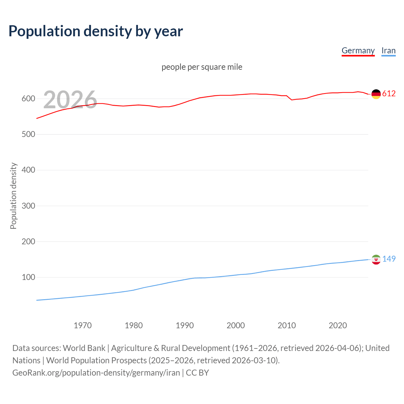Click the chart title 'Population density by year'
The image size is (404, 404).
[96, 31]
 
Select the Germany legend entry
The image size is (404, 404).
[358, 50]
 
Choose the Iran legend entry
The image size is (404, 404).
[388, 50]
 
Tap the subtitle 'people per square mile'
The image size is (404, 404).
[202, 67]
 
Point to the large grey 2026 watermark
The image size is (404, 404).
[70, 100]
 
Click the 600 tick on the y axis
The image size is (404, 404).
[28, 99]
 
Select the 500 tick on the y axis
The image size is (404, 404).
[28, 134]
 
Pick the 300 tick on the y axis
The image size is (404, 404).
[28, 206]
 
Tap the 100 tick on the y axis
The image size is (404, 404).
[28, 277]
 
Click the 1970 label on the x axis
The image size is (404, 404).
[83, 325]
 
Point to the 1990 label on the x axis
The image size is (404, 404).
[185, 325]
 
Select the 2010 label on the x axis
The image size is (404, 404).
[287, 325]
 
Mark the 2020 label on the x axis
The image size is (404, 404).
[338, 325]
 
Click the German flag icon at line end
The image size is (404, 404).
[376, 94]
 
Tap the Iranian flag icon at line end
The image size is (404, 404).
[376, 259]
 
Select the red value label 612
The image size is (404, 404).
[389, 94]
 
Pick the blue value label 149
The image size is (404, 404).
[389, 259]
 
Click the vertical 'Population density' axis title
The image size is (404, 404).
[13, 196]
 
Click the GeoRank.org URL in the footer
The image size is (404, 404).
[96, 372]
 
